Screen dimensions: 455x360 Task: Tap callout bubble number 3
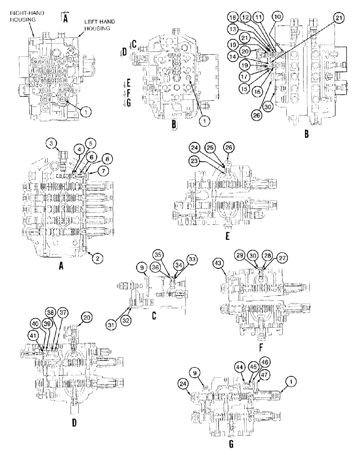pos(53,144)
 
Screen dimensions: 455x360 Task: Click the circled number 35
pos(158,255)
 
